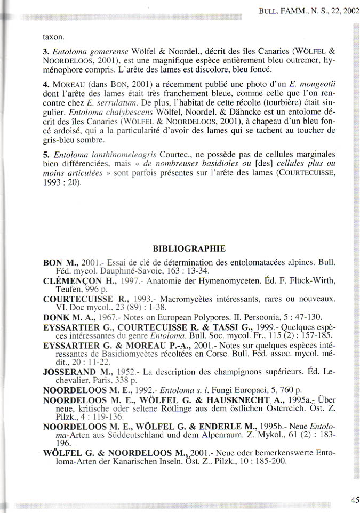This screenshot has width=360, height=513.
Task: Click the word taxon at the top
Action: (53, 37)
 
